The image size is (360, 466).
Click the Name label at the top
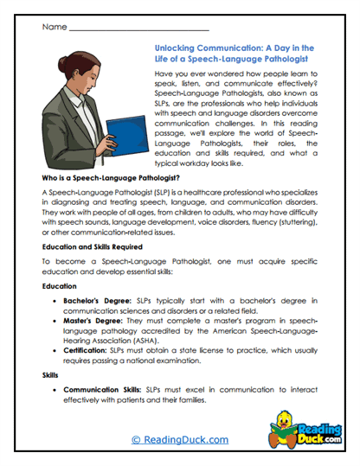tap(53, 27)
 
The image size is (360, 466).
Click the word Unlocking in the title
tap(175, 50)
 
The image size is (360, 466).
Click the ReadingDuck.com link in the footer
tap(178, 439)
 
